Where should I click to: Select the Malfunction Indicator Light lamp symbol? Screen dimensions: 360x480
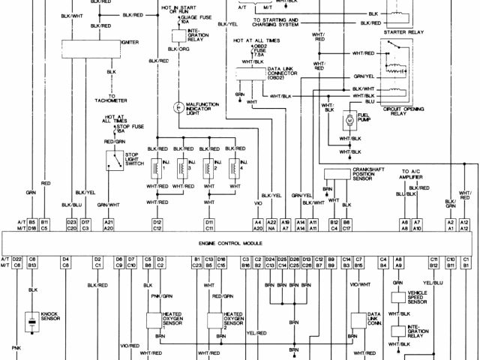[x=178, y=106]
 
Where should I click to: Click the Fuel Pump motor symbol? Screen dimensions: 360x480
[x=349, y=119]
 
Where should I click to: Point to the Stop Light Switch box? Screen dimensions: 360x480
[x=115, y=160]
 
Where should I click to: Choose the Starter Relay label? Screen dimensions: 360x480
[x=405, y=32]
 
